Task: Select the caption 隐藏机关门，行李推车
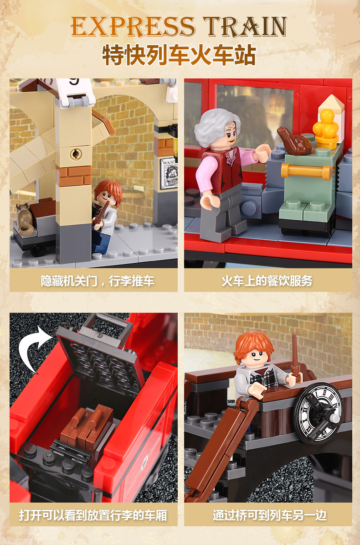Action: [93, 280]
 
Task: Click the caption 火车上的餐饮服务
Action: [267, 280]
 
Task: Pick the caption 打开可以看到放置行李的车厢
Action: [93, 515]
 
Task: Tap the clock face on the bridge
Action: [318, 406]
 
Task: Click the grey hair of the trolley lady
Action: [214, 125]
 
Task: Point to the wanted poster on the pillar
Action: [168, 173]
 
